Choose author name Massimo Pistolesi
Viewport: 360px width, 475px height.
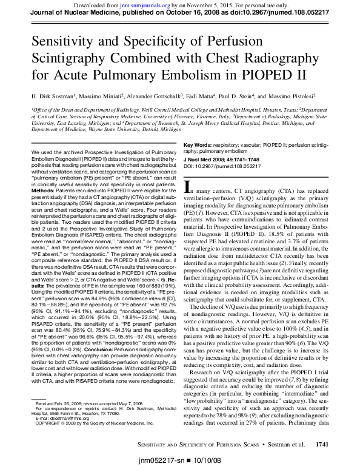pyautogui.click(x=305, y=96)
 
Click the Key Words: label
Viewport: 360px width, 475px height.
pyautogui.click(x=198, y=146)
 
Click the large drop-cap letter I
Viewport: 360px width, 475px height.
pyautogui.click(x=188, y=187)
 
